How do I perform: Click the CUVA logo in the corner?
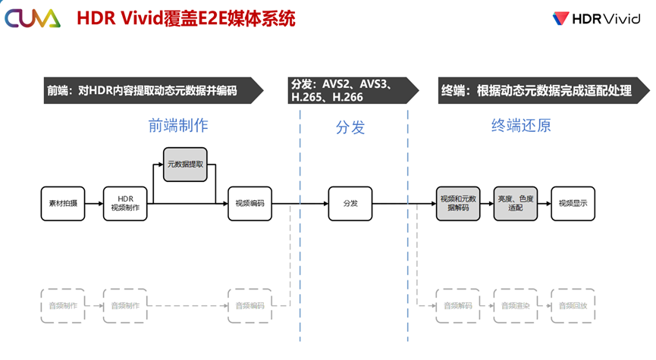coord(32,18)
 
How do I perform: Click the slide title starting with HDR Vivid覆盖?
coord(186,19)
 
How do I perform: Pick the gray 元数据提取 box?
coord(185,164)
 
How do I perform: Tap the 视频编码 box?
coord(250,203)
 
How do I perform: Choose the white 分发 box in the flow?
coord(350,203)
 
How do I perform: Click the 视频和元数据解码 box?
coord(457,203)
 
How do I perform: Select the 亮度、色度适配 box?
coord(515,203)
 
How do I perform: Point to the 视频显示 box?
coord(573,203)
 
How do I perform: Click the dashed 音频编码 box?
coord(250,305)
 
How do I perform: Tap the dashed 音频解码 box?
coord(457,305)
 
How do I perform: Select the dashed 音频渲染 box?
coord(515,305)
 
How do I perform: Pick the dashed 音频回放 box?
coord(573,305)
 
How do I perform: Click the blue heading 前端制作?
coord(178,126)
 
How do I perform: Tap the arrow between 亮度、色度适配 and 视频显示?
coord(544,203)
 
